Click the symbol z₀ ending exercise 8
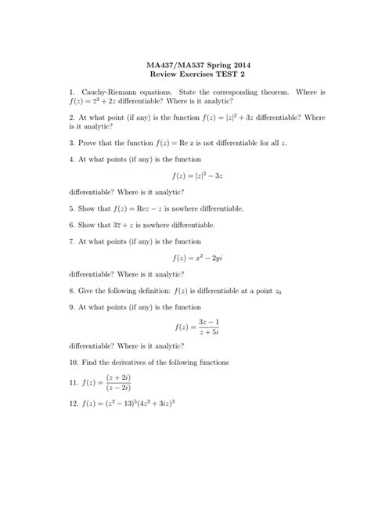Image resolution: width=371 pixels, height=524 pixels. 279,291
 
